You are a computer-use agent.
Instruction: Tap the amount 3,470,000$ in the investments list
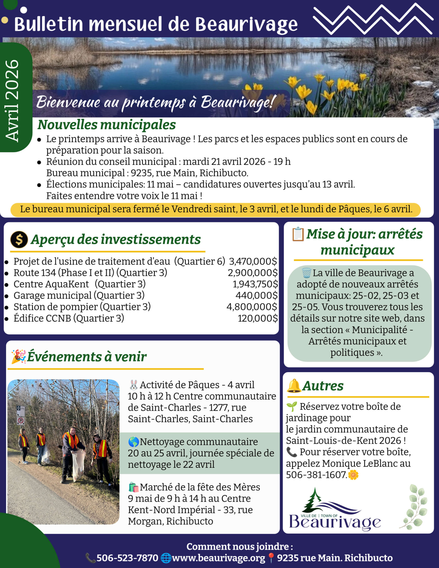coord(253,261)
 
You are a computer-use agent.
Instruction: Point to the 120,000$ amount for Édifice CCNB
coord(257,318)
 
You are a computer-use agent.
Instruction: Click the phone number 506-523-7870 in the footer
coord(127,558)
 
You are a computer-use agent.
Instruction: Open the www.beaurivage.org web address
coord(218,558)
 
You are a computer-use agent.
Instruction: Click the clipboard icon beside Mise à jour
coord(298,234)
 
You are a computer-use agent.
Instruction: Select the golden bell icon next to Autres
coord(294,386)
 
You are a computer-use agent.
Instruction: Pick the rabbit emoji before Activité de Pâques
coord(134,385)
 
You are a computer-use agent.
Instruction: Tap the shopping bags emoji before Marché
coord(134,487)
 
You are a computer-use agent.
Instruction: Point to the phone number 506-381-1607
coord(316,475)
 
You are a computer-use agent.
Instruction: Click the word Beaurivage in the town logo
coord(335,521)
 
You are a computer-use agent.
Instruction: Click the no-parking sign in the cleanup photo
coord(21,420)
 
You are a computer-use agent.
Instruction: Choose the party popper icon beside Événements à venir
coord(18,357)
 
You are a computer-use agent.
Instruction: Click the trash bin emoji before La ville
coord(306,273)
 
